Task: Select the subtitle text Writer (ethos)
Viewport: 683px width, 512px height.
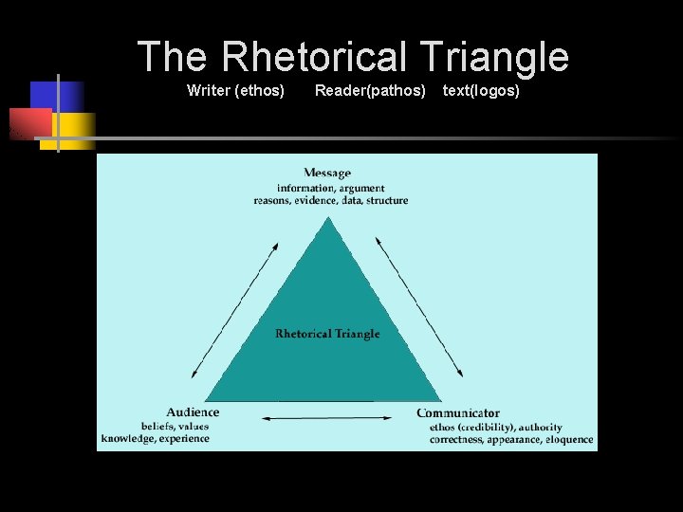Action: click(x=236, y=91)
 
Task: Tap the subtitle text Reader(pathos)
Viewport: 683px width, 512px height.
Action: click(x=370, y=91)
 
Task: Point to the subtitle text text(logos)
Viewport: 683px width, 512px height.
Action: click(x=481, y=91)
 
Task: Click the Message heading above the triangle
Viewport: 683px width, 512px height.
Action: click(x=327, y=173)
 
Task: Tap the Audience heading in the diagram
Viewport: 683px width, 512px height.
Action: click(x=193, y=412)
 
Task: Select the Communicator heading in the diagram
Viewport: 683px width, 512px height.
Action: click(x=458, y=413)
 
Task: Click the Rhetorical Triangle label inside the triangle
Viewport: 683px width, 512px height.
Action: click(x=327, y=334)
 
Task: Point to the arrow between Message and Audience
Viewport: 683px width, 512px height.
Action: click(x=234, y=310)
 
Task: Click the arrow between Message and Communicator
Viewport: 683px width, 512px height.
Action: click(x=419, y=308)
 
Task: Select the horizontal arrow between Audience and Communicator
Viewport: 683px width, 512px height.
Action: click(x=326, y=418)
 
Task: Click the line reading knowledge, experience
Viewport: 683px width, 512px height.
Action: click(x=156, y=438)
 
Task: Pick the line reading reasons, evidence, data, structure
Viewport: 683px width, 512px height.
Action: click(x=331, y=200)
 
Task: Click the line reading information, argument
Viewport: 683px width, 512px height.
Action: click(x=331, y=188)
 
